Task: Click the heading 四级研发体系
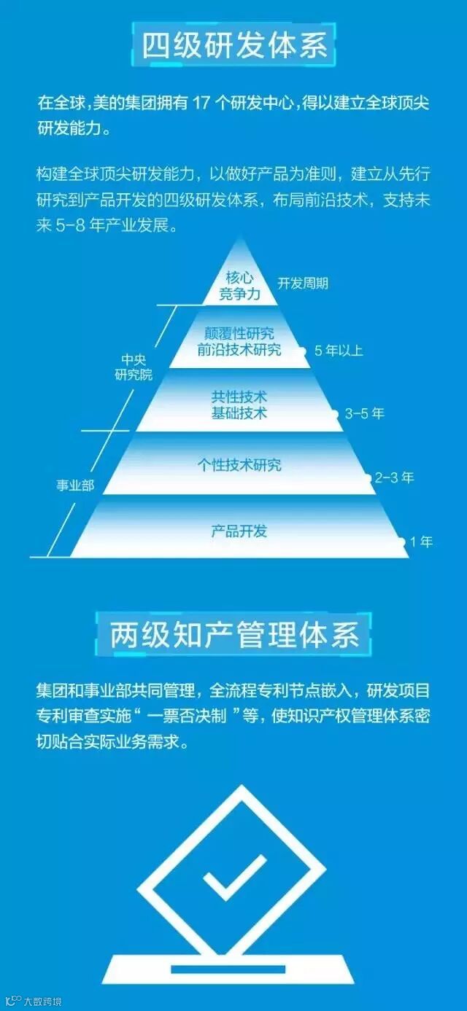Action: [x=233, y=45]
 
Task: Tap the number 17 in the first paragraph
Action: [x=201, y=102]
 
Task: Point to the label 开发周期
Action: [x=303, y=284]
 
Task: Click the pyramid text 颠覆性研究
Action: [x=239, y=334]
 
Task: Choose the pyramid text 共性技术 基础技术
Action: [x=239, y=405]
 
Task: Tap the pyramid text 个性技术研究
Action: [x=239, y=465]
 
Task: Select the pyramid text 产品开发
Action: [x=239, y=531]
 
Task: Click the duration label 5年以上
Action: [x=339, y=351]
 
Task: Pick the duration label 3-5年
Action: [x=364, y=414]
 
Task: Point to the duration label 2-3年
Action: [x=394, y=478]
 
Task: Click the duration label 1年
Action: [x=421, y=542]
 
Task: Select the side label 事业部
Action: [x=75, y=485]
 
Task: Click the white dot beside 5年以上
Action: [x=302, y=351]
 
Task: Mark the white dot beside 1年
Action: [x=401, y=542]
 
